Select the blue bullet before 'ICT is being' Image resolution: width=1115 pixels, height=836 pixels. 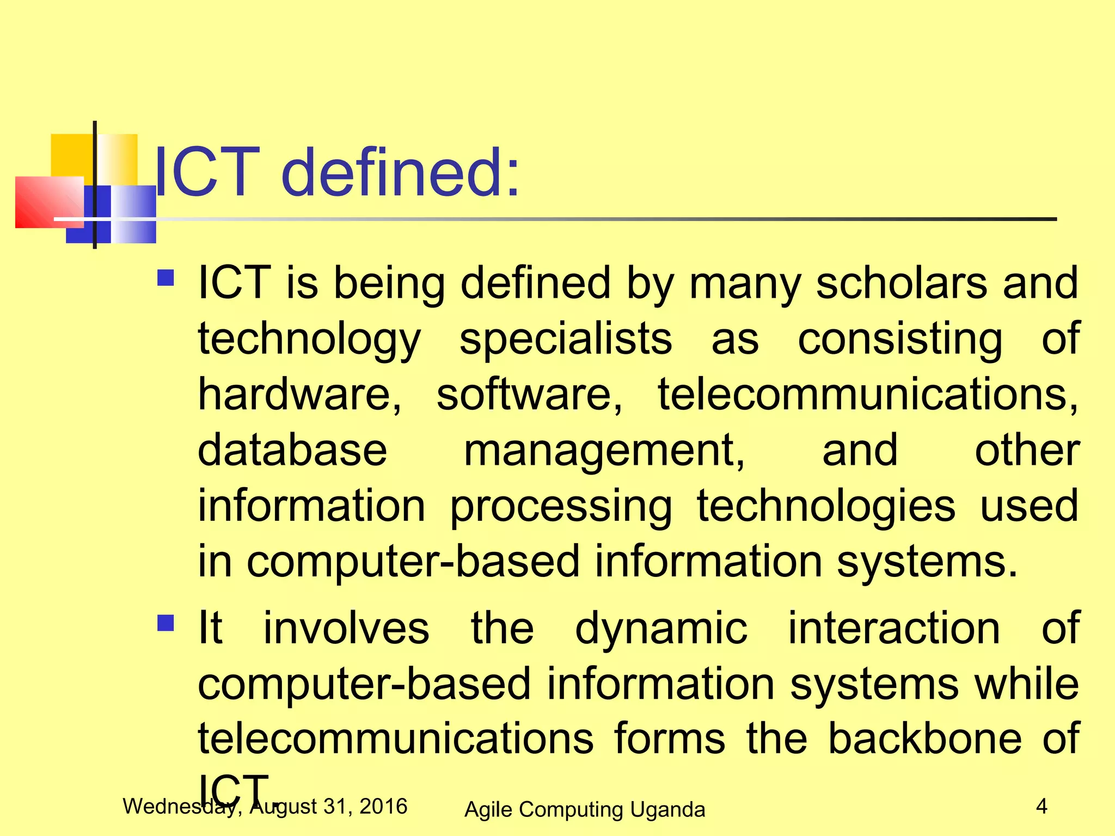pos(166,278)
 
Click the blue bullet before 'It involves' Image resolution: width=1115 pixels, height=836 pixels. pos(166,623)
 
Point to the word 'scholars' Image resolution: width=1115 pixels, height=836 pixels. pos(901,283)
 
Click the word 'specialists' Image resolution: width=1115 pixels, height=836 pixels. pos(566,339)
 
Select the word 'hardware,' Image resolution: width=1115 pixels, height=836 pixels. pos(299,394)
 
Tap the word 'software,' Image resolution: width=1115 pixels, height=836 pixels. pos(529,394)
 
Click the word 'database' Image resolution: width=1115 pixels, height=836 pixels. pos(292,450)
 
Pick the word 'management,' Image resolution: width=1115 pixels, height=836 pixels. pos(604,451)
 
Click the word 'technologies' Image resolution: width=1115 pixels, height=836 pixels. pos(826,506)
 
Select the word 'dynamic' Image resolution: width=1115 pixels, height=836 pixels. pos(661,629)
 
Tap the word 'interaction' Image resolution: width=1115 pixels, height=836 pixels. pos(894,628)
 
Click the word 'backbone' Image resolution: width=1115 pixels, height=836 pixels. pos(924,739)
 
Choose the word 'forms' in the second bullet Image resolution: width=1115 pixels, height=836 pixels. pos(670,739)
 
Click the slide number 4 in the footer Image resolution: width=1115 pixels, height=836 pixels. pos(1042,806)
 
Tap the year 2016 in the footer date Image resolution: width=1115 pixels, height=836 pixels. pos(383,806)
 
